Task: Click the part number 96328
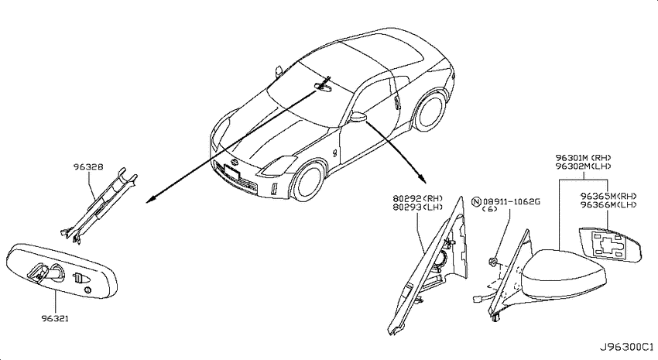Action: [x=88, y=167]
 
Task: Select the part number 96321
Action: [x=55, y=318]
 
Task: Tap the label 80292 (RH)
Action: [x=418, y=198]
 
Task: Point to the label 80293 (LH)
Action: [x=418, y=207]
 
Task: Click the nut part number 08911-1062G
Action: [x=512, y=202]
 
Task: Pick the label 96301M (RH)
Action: [x=584, y=158]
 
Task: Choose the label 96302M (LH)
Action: [x=584, y=166]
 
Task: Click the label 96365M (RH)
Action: [x=609, y=197]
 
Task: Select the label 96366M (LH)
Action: [x=609, y=204]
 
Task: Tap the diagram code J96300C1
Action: [x=626, y=348]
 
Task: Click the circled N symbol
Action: [x=476, y=202]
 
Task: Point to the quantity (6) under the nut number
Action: [x=490, y=209]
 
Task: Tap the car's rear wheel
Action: [x=430, y=111]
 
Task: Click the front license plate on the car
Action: [x=232, y=172]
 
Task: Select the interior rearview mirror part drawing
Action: [x=62, y=271]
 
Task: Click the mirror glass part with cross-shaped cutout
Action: [x=610, y=245]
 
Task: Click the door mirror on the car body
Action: [x=357, y=117]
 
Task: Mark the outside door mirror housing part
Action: [x=564, y=275]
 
